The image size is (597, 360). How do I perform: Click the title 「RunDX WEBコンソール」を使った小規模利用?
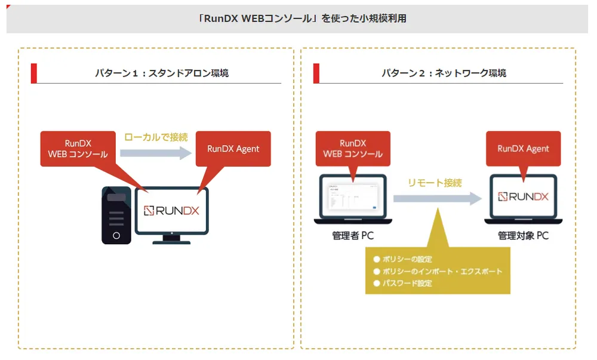tap(302, 19)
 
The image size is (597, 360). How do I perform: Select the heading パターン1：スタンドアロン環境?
tap(162, 73)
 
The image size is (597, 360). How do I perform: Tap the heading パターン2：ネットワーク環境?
tap(444, 73)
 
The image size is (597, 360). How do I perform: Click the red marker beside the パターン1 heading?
tap(34, 73)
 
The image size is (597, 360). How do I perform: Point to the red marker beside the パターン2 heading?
tap(316, 73)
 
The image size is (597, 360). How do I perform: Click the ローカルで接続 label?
tap(156, 137)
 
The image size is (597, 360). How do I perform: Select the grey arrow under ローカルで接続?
tap(156, 153)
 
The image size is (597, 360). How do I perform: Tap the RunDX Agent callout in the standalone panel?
tap(233, 149)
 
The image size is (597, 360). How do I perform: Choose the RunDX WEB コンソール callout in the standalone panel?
tap(78, 149)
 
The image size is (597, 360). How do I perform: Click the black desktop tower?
tap(116, 216)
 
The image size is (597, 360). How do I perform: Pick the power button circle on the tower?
tap(116, 236)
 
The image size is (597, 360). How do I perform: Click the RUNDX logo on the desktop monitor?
tap(171, 210)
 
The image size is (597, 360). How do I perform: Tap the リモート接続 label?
tap(435, 183)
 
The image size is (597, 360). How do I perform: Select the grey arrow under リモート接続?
tap(438, 198)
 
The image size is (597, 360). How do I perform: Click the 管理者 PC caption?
tap(353, 236)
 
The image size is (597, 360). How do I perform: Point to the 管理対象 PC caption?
tap(523, 236)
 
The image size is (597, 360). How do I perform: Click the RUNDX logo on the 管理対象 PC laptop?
tap(523, 196)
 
